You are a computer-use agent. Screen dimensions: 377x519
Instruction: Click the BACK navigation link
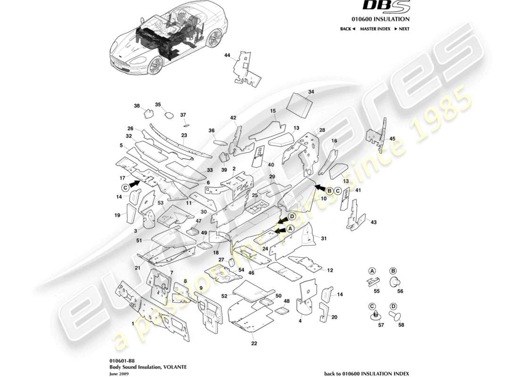point(347,29)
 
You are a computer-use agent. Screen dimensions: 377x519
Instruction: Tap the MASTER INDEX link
point(375,29)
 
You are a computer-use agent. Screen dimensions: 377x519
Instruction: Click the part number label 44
point(227,56)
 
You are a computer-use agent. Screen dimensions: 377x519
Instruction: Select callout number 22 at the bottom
point(254,343)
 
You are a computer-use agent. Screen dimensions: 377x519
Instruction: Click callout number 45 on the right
point(392,139)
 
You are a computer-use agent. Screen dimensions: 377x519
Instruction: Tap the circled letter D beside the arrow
point(292,216)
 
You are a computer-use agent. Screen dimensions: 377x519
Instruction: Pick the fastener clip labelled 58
point(393,311)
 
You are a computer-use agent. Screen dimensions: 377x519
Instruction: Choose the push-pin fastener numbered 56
point(393,282)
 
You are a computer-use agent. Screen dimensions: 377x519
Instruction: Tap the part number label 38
point(137,106)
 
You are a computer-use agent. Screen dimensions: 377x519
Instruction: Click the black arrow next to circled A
point(280,230)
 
